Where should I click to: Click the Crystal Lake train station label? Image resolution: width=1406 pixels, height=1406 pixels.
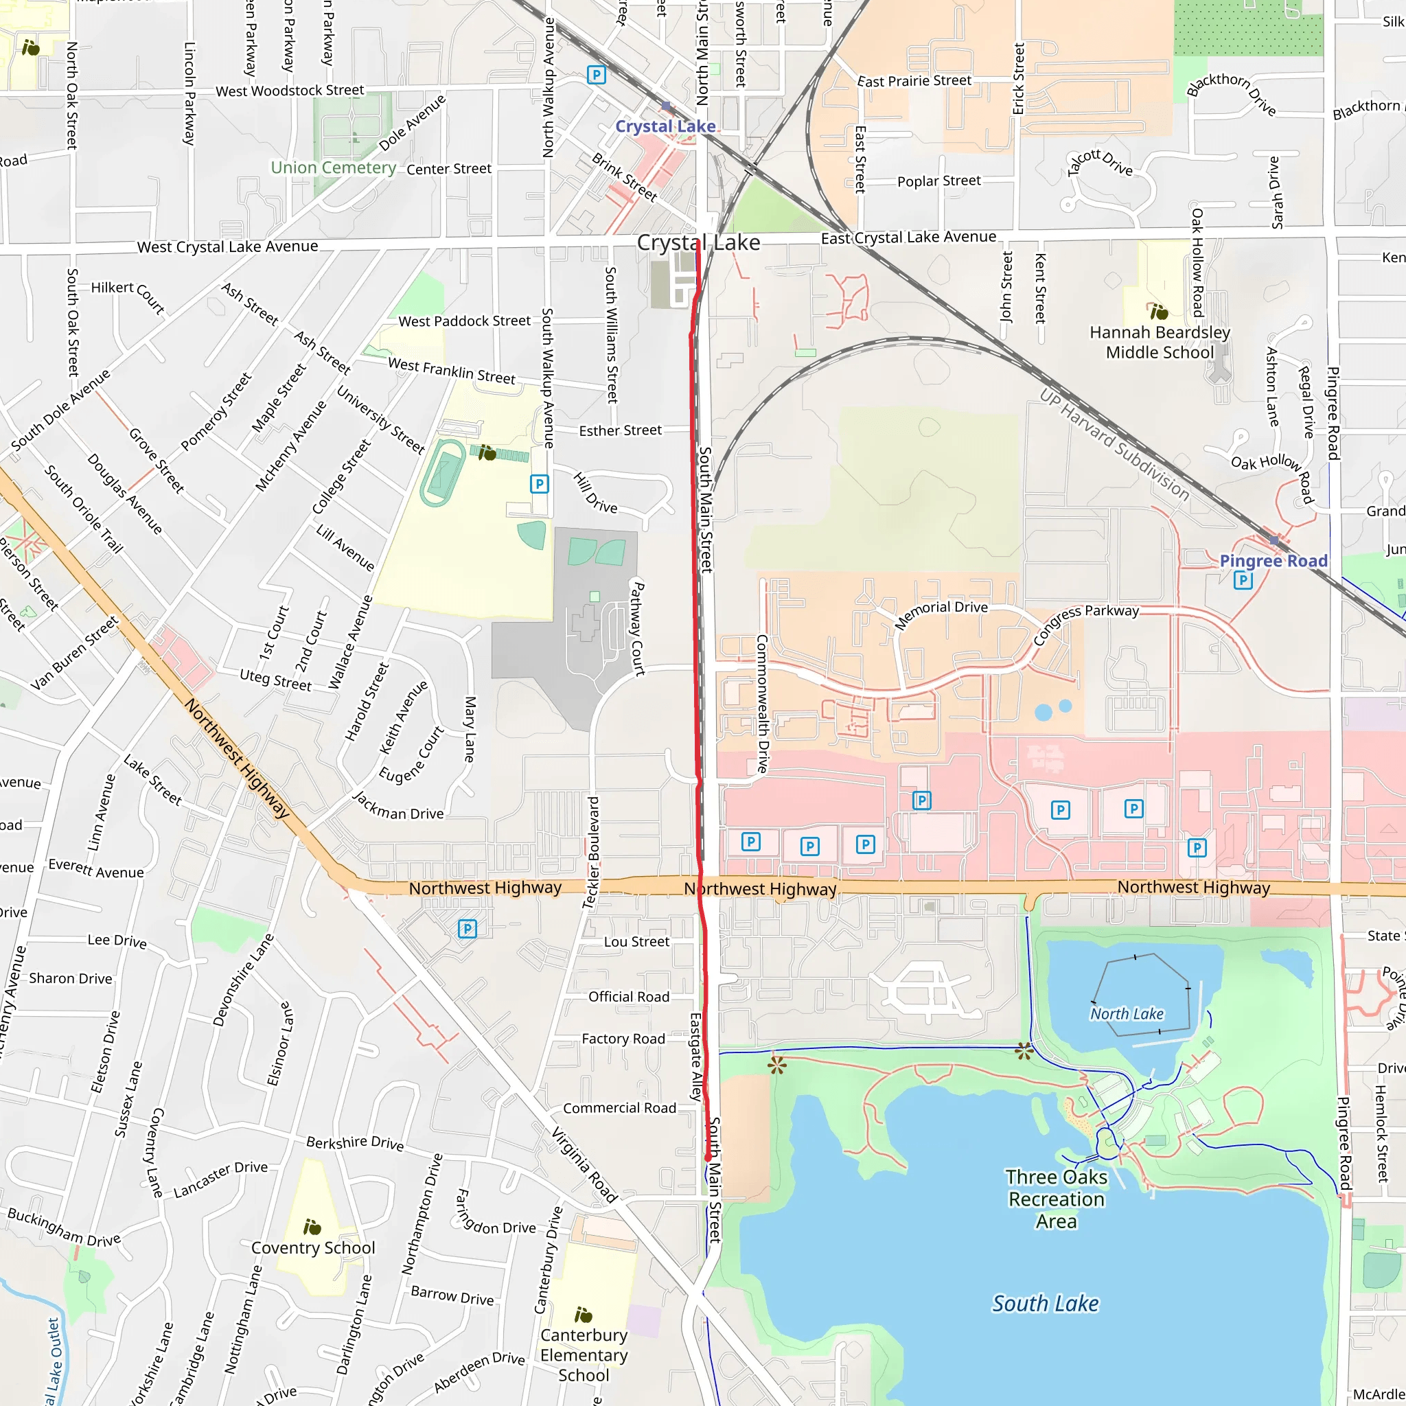coord(665,126)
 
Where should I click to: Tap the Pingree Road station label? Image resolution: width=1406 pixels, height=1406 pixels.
coord(1274,561)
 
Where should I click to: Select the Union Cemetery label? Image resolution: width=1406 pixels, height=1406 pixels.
coord(333,168)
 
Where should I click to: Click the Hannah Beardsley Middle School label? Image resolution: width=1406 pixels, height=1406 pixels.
coord(1160,343)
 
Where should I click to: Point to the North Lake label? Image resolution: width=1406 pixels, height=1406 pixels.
coord(1127,1014)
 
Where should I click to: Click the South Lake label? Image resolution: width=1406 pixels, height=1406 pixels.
coord(1045,1304)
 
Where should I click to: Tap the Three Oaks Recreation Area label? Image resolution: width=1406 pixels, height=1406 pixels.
coord(1056,1199)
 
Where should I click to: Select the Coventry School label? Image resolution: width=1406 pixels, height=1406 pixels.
coord(313,1248)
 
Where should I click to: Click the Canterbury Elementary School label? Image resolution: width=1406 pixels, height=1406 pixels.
coord(584,1355)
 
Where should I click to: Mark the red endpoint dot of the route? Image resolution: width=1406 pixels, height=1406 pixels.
coord(707,1157)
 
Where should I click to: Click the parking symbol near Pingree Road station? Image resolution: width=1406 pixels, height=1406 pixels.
coord(1243,580)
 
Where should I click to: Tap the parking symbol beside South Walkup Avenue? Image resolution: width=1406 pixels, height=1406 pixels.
coord(539,484)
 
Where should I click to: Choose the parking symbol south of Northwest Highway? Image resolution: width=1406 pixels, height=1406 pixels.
coord(468,929)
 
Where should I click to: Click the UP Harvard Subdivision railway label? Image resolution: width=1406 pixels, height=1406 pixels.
coord(1114,446)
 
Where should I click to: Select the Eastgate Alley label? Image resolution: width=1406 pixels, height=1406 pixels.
coord(695,1056)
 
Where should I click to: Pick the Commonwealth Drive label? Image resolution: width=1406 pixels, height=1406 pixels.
coord(762,704)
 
